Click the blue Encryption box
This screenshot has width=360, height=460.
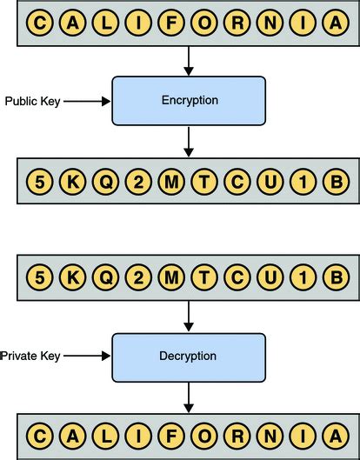(x=189, y=101)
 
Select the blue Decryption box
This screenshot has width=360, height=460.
(x=189, y=356)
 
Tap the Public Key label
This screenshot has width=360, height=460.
(x=31, y=101)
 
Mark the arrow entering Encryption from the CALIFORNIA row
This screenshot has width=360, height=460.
(x=189, y=61)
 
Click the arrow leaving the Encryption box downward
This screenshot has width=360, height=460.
(x=189, y=141)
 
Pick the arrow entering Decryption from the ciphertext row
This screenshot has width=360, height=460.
(x=189, y=316)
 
